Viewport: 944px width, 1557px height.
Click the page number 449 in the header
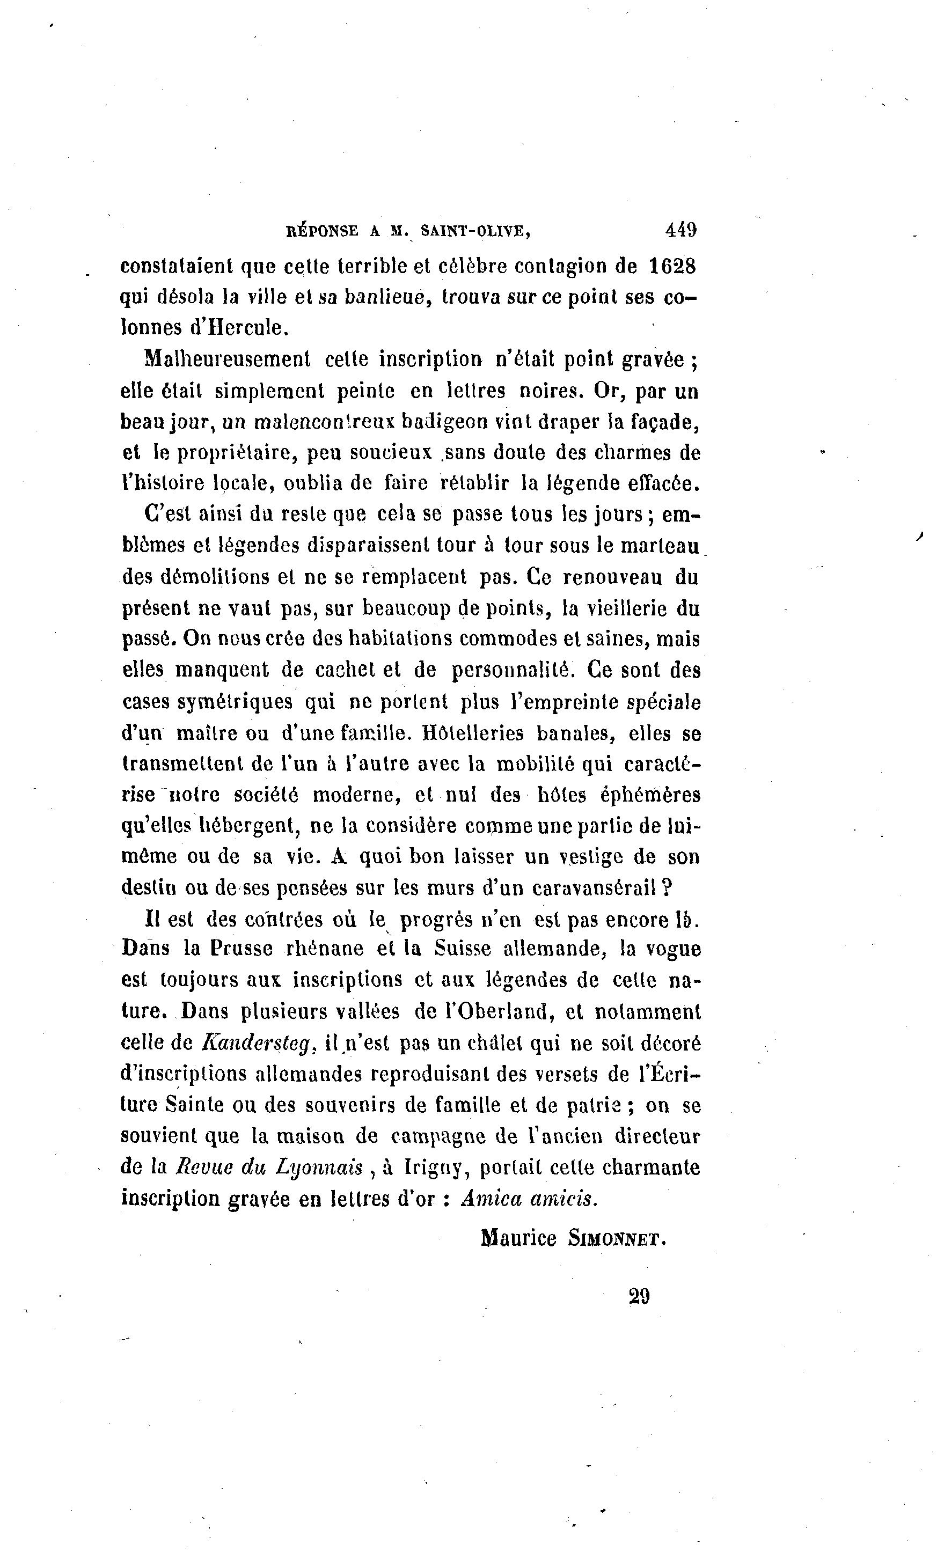click(x=680, y=230)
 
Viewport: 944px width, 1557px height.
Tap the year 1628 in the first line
click(x=672, y=266)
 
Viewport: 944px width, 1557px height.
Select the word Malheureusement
click(x=228, y=359)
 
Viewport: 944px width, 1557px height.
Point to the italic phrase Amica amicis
click(x=528, y=1199)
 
